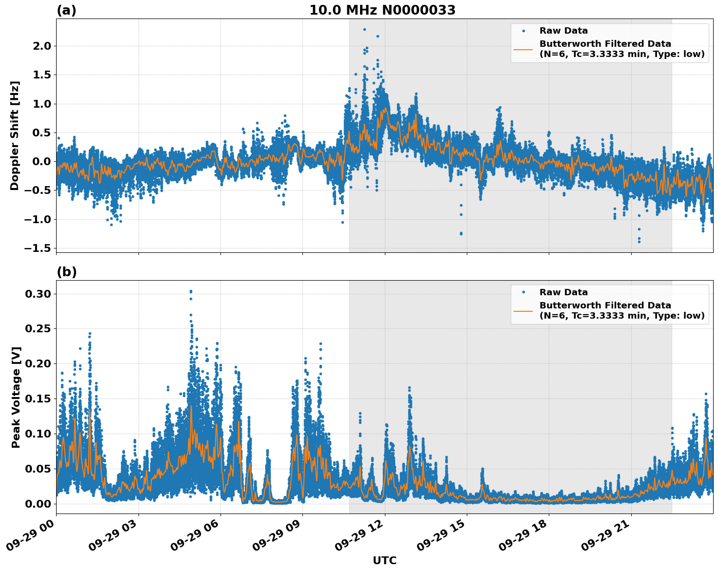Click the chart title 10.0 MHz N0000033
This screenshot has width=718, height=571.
[382, 10]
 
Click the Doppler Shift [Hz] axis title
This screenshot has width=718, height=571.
[15, 135]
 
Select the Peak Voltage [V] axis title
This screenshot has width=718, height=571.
[16, 397]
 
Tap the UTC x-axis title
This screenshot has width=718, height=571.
[384, 560]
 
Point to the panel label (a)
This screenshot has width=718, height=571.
[66, 10]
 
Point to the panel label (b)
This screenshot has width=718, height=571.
[66, 272]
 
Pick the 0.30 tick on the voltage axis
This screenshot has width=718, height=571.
[38, 294]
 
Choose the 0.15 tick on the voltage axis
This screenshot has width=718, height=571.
[38, 399]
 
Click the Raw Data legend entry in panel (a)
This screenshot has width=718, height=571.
[563, 31]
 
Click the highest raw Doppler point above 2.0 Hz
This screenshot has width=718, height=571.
[364, 29]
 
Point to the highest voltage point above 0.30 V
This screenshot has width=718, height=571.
[191, 291]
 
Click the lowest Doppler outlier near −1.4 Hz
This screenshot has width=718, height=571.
[639, 242]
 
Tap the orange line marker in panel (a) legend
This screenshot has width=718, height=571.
[523, 49]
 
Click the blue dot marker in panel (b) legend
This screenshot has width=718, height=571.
[523, 292]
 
